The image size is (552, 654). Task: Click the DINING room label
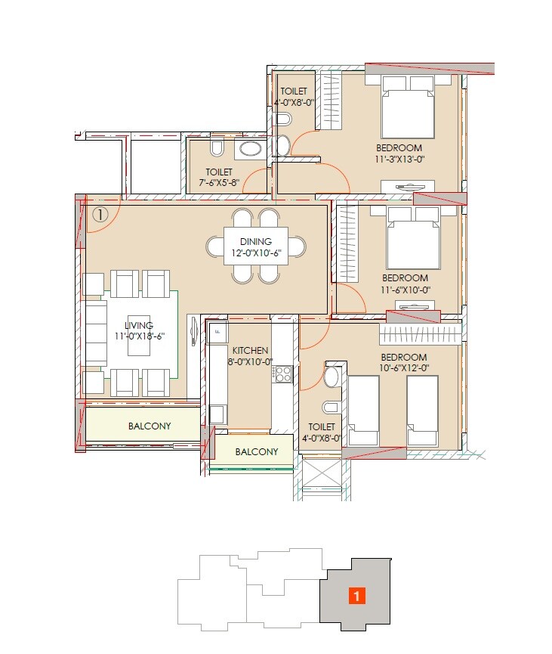point(256,241)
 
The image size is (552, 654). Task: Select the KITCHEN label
point(250,351)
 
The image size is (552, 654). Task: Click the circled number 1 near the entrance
point(100,214)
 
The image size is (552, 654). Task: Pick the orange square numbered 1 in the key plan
point(357,596)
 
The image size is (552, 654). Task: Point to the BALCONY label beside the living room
point(149,426)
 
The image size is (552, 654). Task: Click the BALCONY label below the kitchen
point(256,452)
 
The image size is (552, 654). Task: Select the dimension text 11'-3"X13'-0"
point(400,160)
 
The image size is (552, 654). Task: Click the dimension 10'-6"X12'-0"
point(403,368)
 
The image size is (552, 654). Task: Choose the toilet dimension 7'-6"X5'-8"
point(218,183)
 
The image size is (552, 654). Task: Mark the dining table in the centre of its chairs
point(255,246)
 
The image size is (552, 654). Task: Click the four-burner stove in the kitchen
point(283,373)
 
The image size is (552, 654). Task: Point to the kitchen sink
point(217,331)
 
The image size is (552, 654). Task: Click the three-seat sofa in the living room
point(95,333)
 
